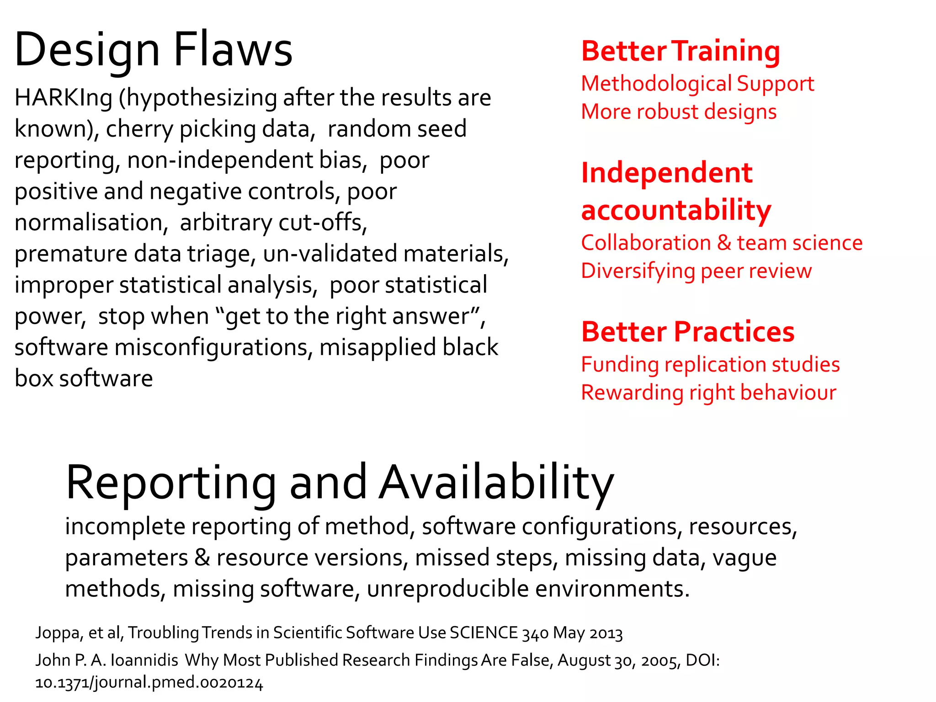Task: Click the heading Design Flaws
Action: (x=153, y=49)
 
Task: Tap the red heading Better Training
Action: (x=681, y=51)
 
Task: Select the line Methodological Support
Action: (x=697, y=84)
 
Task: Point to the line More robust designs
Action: (x=679, y=112)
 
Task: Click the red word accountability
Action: (x=676, y=210)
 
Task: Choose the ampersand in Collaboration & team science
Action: (x=724, y=243)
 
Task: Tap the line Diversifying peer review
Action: (x=696, y=271)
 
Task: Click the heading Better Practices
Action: (x=688, y=332)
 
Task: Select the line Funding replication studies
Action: (x=710, y=365)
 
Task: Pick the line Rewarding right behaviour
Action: (x=708, y=393)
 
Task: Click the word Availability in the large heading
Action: (x=496, y=483)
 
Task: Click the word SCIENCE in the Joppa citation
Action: (x=484, y=633)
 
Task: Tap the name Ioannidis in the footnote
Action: (x=144, y=660)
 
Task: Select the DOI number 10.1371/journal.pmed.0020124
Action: (x=149, y=683)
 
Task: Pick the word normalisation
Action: (x=89, y=223)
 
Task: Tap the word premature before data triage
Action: (x=71, y=254)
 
